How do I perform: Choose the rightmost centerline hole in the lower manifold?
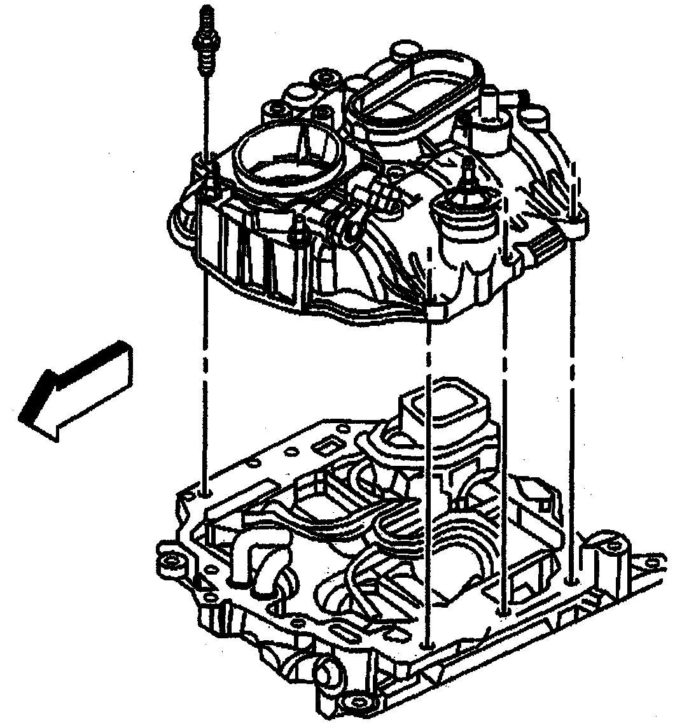click(x=571, y=579)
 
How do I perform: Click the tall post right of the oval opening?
click(x=491, y=111)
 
